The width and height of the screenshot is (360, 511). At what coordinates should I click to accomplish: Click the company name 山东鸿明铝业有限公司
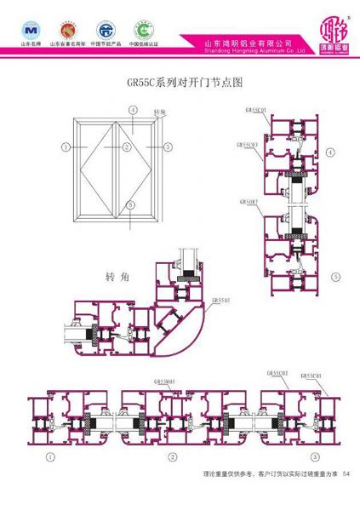[248, 43]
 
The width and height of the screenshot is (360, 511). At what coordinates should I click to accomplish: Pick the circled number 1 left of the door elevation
[65, 147]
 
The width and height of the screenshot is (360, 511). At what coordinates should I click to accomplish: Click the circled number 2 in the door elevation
[126, 147]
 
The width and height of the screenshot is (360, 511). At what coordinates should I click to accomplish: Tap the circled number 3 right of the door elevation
[168, 147]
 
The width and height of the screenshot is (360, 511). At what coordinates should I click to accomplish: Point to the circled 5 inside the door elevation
[129, 204]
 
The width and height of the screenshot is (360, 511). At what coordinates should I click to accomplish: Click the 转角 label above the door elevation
[158, 113]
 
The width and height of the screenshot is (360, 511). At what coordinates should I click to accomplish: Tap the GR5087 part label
[249, 202]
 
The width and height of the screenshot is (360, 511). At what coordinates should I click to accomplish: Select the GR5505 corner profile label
[220, 301]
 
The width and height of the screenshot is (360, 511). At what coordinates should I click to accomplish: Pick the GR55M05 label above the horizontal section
[165, 382]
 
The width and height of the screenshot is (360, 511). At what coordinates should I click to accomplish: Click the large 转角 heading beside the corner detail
[111, 278]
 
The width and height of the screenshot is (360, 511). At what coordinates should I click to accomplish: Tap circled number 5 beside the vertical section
[335, 276]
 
